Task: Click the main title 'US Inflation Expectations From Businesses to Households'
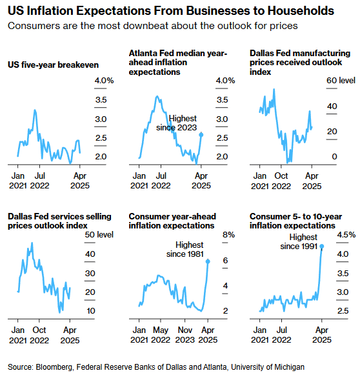coord(171,11)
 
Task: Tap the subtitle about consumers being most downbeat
coord(153,26)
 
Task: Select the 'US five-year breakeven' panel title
coord(53,65)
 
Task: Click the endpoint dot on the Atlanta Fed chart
coord(201,135)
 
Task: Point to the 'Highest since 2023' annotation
coord(176,123)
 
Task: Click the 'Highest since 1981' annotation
coord(185,249)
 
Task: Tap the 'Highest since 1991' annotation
coord(299,241)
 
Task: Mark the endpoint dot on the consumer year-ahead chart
coord(208,261)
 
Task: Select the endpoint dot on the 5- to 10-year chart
coord(322,247)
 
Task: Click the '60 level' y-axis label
coord(341,81)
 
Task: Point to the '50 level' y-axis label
coord(99,234)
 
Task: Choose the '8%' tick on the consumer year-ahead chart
coord(228,235)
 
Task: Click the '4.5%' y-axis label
coord(346,235)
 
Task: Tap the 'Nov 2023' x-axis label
coord(185,335)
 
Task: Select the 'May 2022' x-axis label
coord(161,335)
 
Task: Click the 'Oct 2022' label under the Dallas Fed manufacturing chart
coord(281,181)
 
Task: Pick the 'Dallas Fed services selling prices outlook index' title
coord(59,221)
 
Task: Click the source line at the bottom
coord(156,367)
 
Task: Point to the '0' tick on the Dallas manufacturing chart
coord(334,157)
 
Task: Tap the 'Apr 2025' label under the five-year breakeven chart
coord(80,181)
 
